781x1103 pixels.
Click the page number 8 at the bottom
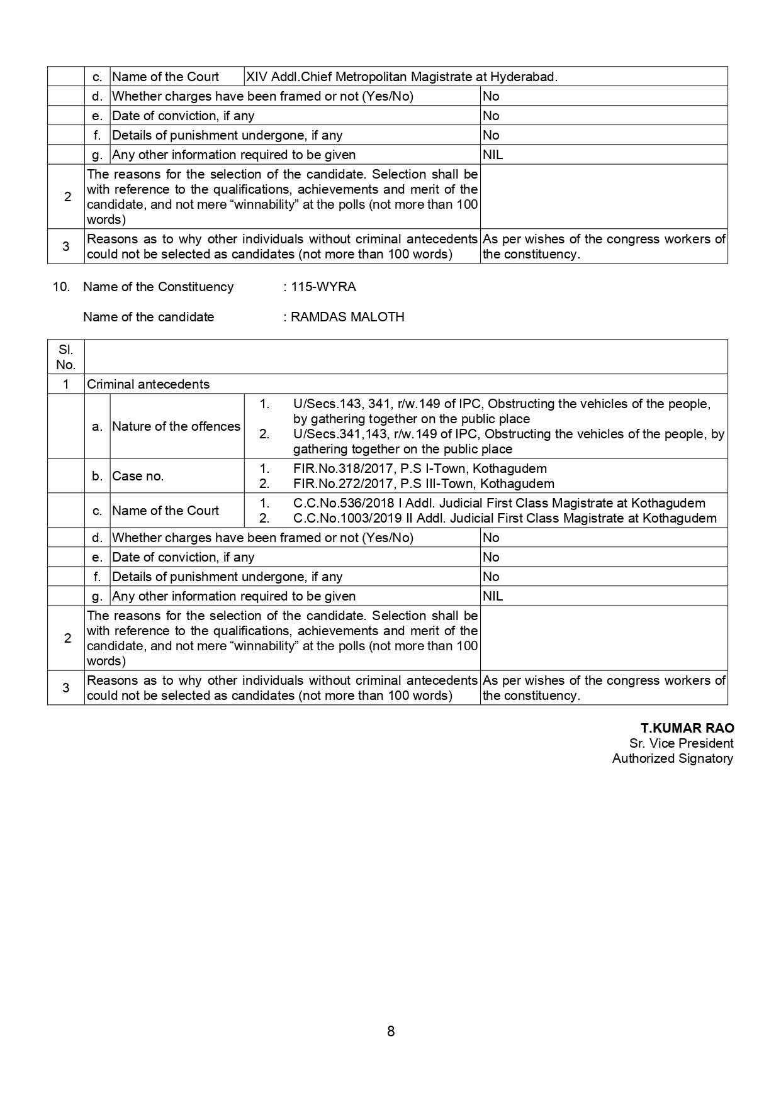click(x=391, y=1031)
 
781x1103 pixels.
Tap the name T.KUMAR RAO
click(x=687, y=728)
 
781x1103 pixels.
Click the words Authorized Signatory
click(x=672, y=758)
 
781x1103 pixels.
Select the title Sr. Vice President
click(x=681, y=743)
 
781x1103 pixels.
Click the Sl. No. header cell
click(x=65, y=357)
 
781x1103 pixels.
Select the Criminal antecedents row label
click(x=148, y=384)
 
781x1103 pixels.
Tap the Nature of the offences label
click(x=176, y=426)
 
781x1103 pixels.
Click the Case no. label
click(x=138, y=476)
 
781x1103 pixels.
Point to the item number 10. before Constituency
click(x=60, y=287)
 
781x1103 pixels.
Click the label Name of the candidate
click(x=149, y=317)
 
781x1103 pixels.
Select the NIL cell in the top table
click(x=493, y=155)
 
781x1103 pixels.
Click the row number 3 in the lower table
click(x=66, y=688)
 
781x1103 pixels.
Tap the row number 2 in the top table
click(x=67, y=197)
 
